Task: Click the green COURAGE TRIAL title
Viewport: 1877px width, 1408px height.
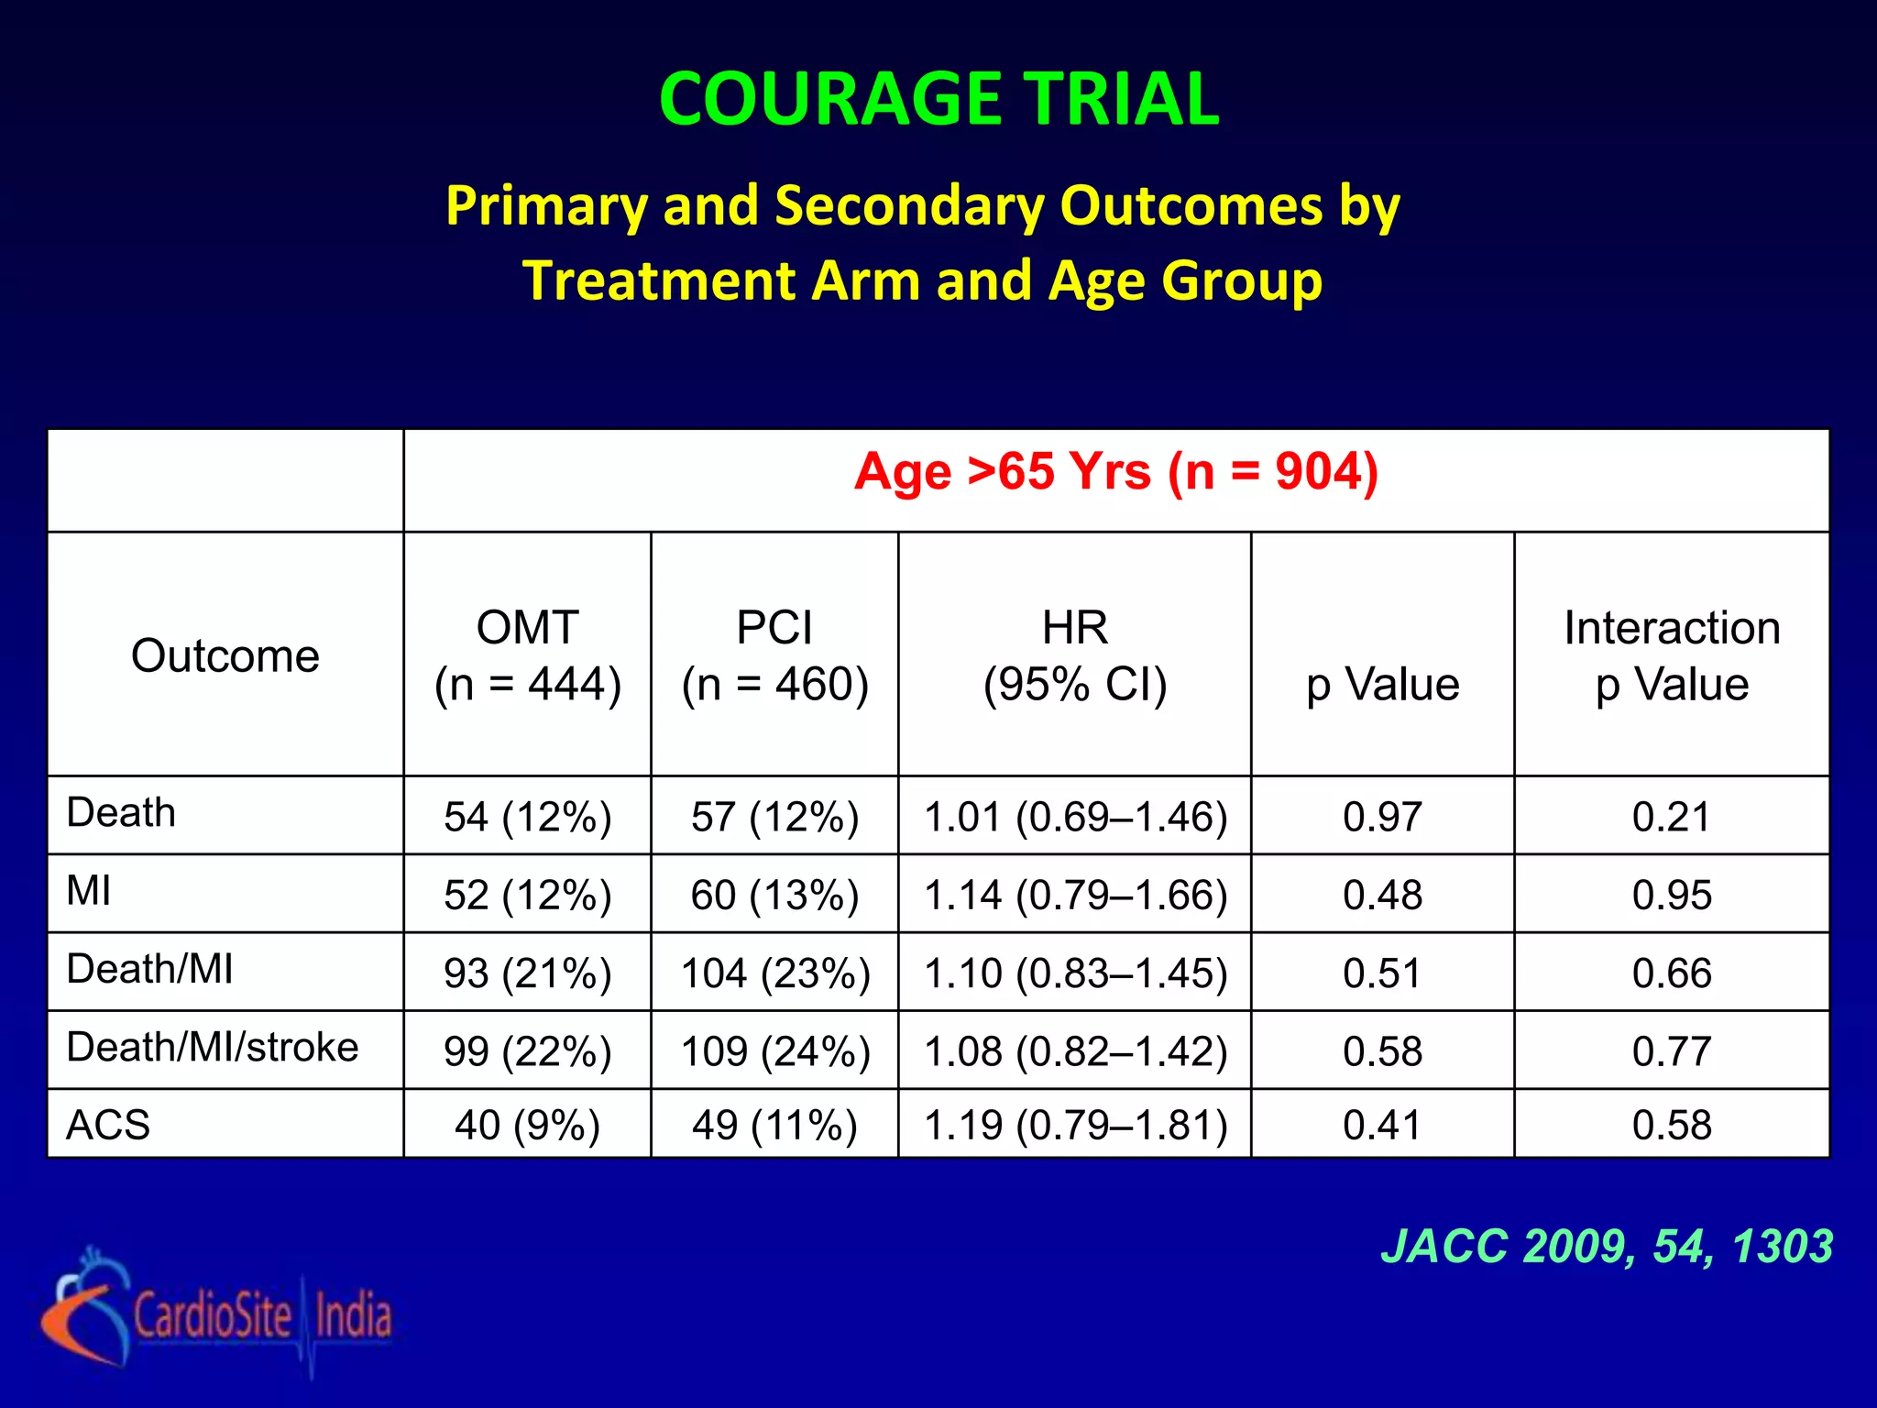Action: [x=938, y=99]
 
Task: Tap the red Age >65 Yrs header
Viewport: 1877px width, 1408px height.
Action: [x=1115, y=473]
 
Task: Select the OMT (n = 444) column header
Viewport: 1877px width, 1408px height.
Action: [x=527, y=655]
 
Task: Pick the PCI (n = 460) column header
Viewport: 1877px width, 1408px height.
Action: [x=774, y=655]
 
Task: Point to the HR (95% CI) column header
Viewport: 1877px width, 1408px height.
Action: [x=1074, y=655]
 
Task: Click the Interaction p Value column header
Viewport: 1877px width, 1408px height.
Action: [x=1671, y=655]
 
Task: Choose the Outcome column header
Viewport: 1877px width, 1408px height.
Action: [x=225, y=656]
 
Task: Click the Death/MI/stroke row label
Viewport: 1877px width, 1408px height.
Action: [x=213, y=1047]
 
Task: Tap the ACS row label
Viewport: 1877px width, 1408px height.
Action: [x=108, y=1125]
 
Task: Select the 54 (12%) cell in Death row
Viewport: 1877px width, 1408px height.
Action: [x=527, y=817]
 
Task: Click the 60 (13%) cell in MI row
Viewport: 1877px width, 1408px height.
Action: [x=774, y=895]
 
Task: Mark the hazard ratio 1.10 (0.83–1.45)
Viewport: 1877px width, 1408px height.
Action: [x=1075, y=973]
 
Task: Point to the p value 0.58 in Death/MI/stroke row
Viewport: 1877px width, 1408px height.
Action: [x=1382, y=1051]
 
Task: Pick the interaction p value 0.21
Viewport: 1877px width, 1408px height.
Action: [x=1671, y=817]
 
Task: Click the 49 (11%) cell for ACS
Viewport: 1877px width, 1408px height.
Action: [x=774, y=1125]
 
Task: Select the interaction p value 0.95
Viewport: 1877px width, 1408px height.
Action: [x=1671, y=895]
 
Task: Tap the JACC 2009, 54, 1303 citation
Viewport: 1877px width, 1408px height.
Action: [x=1607, y=1247]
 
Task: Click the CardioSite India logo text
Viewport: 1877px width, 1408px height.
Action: [x=263, y=1316]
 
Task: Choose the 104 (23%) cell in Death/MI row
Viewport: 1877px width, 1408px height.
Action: [x=774, y=973]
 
